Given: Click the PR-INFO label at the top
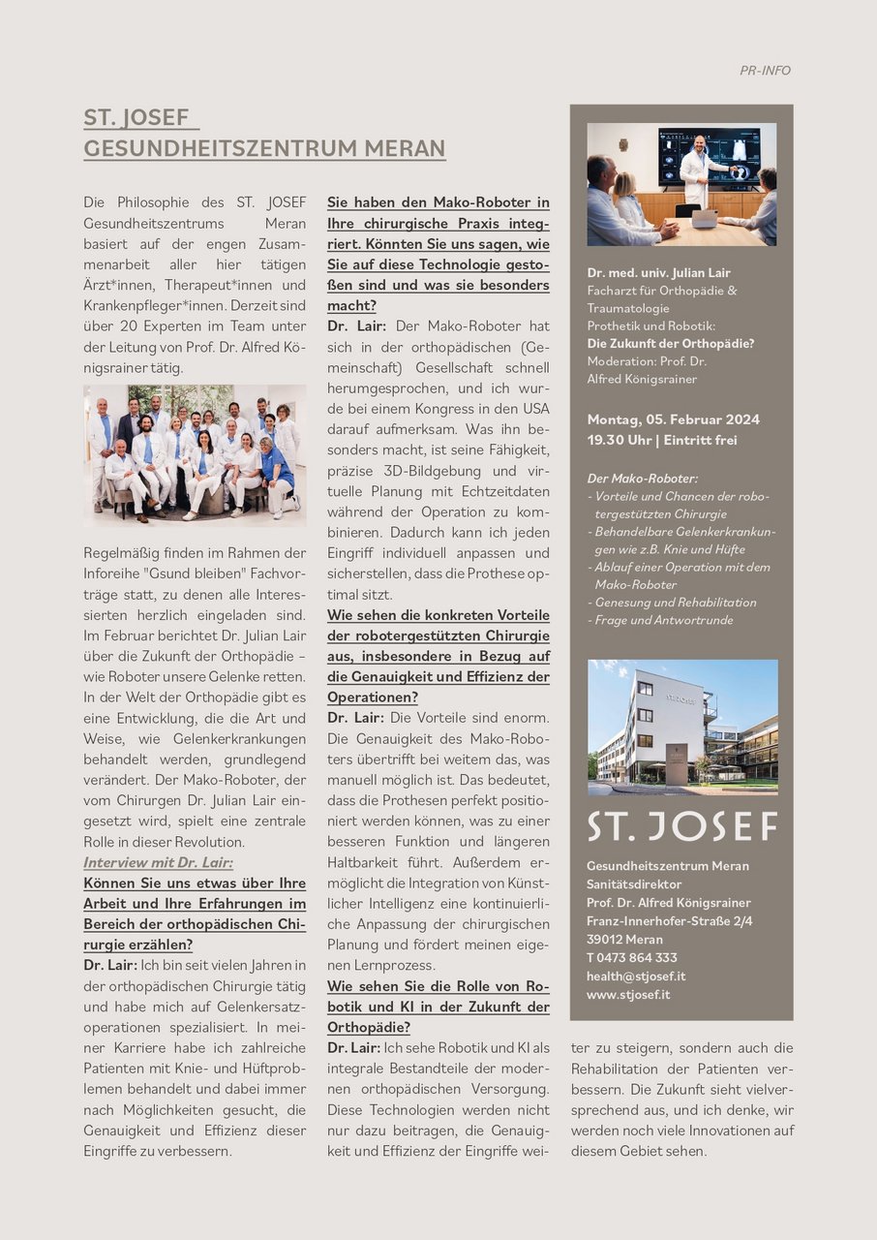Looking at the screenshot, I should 765,71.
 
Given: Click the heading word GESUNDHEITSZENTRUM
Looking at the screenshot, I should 209,148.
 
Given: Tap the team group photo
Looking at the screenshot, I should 195,455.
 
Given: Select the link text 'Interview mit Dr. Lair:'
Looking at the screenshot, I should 158,862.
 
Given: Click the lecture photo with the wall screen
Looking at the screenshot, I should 681,184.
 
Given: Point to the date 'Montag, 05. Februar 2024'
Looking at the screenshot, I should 674,419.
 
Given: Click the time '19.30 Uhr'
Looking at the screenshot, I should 619,440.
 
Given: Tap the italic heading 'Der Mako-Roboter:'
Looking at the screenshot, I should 642,478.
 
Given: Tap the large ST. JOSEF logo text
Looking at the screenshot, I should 682,826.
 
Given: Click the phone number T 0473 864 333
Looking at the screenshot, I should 631,957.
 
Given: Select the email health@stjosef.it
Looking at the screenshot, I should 636,976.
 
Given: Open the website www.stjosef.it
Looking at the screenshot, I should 628,994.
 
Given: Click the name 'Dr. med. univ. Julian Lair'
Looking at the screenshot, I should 658,272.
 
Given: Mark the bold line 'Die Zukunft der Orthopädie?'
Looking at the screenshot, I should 671,343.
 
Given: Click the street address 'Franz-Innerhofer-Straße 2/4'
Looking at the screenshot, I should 669,920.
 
